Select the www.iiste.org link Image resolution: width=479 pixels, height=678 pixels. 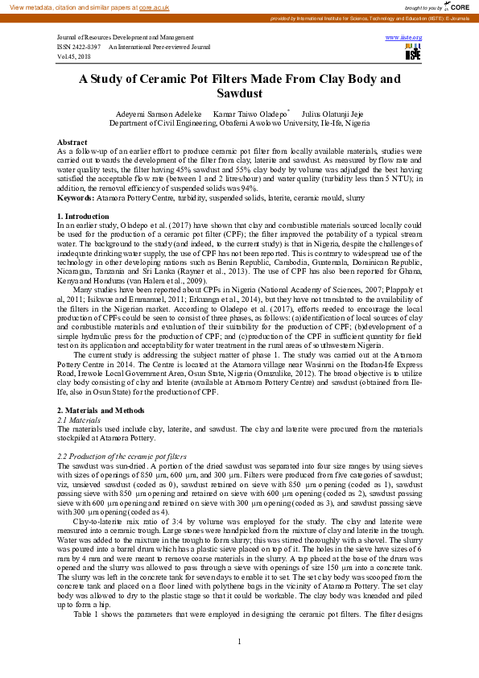click(x=404, y=37)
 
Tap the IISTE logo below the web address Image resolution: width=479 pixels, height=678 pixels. click(x=413, y=52)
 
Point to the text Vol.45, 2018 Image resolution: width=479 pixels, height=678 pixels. click(x=74, y=56)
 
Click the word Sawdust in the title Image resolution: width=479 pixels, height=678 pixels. click(x=239, y=93)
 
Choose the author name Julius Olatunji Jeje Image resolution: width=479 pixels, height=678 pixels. click(x=334, y=115)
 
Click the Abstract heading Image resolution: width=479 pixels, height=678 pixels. click(x=72, y=141)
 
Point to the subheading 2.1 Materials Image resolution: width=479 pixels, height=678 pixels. click(x=79, y=420)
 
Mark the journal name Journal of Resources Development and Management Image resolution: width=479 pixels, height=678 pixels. click(x=125, y=38)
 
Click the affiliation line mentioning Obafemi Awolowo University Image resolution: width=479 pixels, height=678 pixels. click(x=239, y=125)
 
